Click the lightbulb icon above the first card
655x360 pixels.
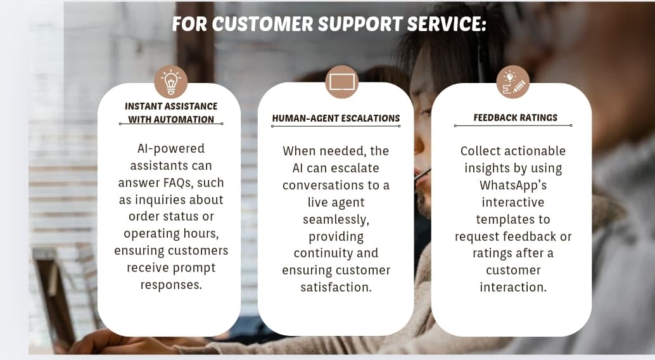click(171, 82)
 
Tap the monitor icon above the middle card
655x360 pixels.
click(342, 82)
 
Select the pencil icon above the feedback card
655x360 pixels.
click(513, 82)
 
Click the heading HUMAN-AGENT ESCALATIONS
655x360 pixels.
click(336, 118)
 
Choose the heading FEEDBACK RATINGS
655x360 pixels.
click(515, 117)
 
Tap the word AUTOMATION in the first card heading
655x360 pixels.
click(187, 119)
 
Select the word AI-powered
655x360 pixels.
click(171, 148)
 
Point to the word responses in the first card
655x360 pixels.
click(171, 285)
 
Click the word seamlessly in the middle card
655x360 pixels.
click(336, 219)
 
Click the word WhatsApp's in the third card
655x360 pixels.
click(513, 185)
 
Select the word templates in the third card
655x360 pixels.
click(513, 219)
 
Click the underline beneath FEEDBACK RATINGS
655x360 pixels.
click(513, 125)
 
